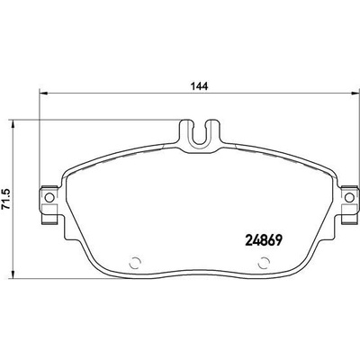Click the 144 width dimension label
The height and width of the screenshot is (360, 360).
tap(200, 86)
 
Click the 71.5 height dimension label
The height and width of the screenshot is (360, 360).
tap(5, 199)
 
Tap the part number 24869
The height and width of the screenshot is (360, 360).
tap(264, 239)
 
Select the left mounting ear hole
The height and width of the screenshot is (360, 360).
tap(49, 198)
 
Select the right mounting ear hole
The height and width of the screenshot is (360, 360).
tap(349, 198)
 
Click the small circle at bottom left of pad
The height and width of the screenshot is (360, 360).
tap(135, 263)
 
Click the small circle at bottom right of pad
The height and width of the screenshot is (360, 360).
tap(264, 263)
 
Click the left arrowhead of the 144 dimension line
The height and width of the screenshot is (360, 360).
tap(44, 94)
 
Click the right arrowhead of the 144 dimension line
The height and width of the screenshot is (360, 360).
tap(355, 94)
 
